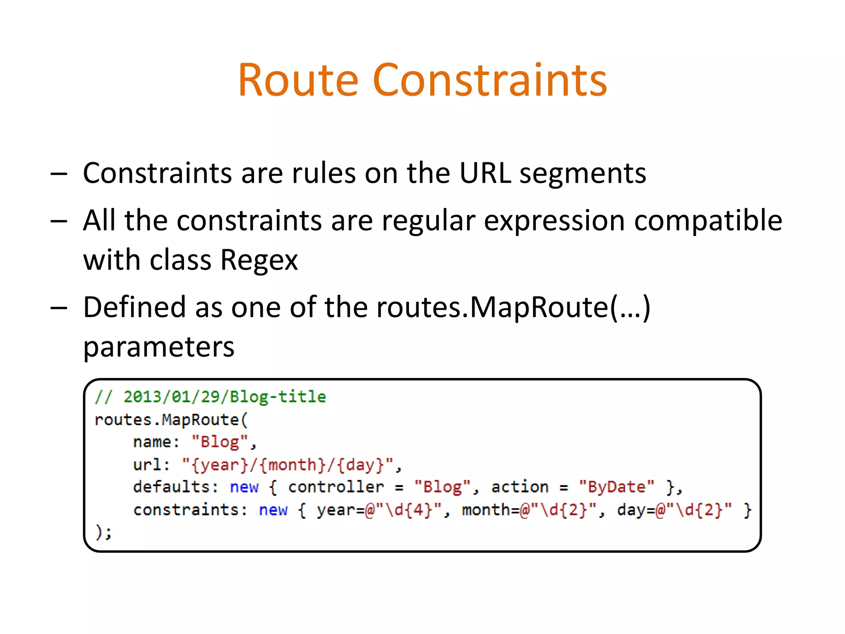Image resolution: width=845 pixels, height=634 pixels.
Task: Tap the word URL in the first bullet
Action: point(485,173)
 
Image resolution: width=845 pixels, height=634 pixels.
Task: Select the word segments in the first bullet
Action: point(583,174)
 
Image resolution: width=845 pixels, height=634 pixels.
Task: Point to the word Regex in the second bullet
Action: point(259,260)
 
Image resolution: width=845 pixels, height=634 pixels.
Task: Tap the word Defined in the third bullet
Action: point(135,307)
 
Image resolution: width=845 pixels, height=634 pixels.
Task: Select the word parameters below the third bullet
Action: point(159,347)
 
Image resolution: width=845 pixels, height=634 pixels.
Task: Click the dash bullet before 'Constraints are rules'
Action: point(59,174)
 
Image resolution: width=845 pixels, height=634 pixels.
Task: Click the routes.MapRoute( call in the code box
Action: point(171,420)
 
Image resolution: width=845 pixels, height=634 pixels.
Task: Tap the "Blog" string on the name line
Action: point(220,442)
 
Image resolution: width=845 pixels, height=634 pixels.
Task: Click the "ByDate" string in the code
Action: point(616,487)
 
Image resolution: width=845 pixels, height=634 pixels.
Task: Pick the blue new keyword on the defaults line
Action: point(244,487)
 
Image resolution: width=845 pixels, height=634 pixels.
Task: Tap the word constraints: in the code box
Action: point(190,510)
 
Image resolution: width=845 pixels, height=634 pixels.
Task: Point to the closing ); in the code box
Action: point(103,532)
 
